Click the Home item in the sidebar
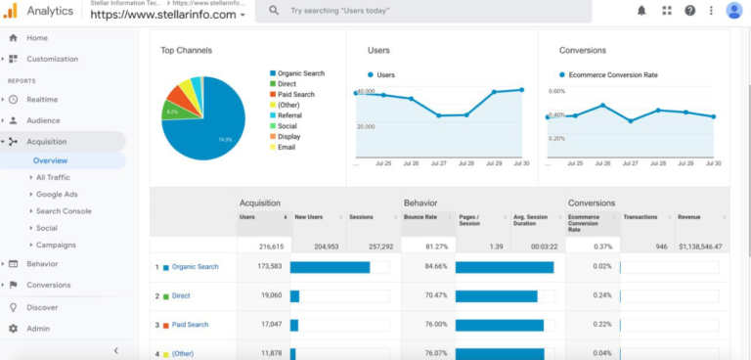36,38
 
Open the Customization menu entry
52,59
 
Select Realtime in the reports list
42,100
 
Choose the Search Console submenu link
64,211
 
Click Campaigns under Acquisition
56,245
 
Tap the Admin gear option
38,329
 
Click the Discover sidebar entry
42,307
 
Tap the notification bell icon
641,11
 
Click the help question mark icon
690,11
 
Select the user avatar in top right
733,11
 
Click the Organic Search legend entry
301,73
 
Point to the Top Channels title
187,50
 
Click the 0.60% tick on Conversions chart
556,91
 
